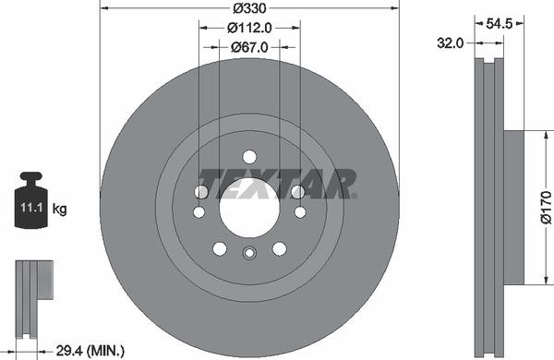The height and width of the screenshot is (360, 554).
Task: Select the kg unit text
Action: click(60, 209)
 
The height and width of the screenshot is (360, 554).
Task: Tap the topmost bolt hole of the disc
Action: click(249, 156)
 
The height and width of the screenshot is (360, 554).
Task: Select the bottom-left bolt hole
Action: click(219, 248)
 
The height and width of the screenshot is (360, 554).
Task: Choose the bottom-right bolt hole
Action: click(280, 248)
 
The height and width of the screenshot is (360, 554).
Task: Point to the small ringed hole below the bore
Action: click(249, 255)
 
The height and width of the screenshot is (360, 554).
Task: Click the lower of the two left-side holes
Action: click(199, 211)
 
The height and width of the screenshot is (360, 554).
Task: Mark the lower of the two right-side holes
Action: click(300, 211)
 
